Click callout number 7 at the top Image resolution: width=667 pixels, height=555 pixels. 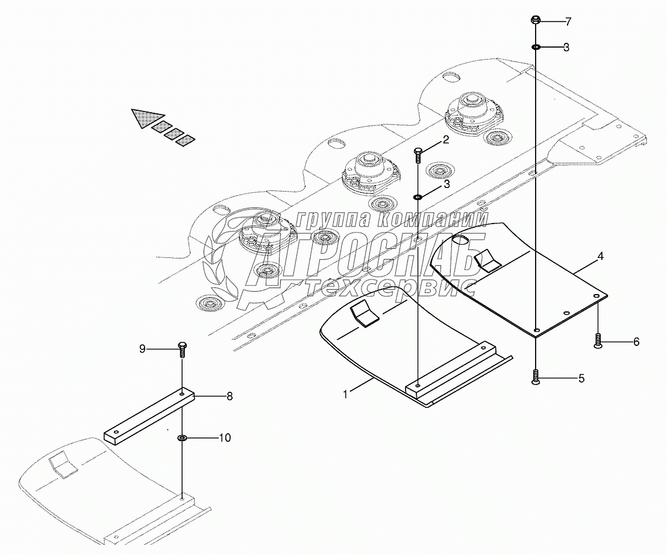click(x=568, y=22)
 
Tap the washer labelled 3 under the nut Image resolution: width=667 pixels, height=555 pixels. click(x=536, y=47)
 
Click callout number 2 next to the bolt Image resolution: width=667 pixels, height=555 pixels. click(x=446, y=141)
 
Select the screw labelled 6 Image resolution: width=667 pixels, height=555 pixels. click(x=598, y=342)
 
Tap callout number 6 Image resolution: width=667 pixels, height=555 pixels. click(x=636, y=342)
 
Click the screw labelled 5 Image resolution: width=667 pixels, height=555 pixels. click(x=536, y=378)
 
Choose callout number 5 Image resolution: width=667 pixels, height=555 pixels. click(x=581, y=379)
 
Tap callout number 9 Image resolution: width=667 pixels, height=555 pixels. click(x=142, y=349)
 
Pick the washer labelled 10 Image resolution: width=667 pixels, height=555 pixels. click(x=181, y=437)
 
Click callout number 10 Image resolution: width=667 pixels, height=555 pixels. click(x=224, y=437)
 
